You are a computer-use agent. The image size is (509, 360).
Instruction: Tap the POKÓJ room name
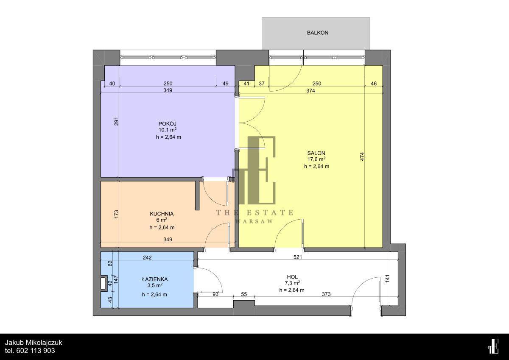(168, 124)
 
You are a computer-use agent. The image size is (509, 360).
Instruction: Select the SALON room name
(316, 153)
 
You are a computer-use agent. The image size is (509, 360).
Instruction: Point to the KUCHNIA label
(162, 214)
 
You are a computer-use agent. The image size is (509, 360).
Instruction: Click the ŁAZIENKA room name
(155, 279)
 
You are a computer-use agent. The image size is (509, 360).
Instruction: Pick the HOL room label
(292, 277)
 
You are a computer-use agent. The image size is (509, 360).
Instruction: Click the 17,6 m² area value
(316, 159)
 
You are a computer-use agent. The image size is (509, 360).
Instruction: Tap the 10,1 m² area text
(168, 130)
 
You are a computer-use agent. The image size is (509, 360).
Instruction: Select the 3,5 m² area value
(155, 285)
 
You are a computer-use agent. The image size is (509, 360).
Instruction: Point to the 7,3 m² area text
(292, 283)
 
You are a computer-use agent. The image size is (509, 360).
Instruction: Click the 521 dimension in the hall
(298, 257)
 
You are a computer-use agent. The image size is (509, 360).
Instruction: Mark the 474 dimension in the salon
(362, 156)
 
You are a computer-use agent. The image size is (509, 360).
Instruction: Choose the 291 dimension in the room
(116, 122)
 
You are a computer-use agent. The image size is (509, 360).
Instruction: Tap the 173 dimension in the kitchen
(116, 214)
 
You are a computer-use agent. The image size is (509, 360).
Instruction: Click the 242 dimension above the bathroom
(147, 257)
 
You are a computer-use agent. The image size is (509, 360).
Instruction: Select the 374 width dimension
(310, 91)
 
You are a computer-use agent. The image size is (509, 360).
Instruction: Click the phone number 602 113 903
(36, 351)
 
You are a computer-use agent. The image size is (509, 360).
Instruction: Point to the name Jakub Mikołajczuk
(34, 343)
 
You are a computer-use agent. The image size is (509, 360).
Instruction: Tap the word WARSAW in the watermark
(254, 221)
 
